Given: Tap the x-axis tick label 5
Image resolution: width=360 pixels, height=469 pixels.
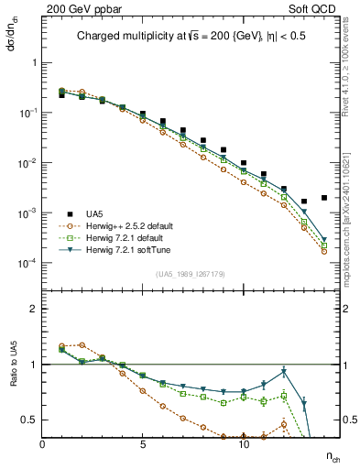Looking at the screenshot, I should coord(143,444).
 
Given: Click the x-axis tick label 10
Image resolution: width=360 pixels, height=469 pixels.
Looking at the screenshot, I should coord(243,444).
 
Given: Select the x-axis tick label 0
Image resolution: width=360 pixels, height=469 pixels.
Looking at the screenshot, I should coord(42,444).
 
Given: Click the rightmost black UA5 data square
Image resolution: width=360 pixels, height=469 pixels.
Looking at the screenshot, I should coord(324,198).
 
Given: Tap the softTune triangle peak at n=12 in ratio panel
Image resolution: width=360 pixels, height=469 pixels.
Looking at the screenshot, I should coord(284,371).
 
